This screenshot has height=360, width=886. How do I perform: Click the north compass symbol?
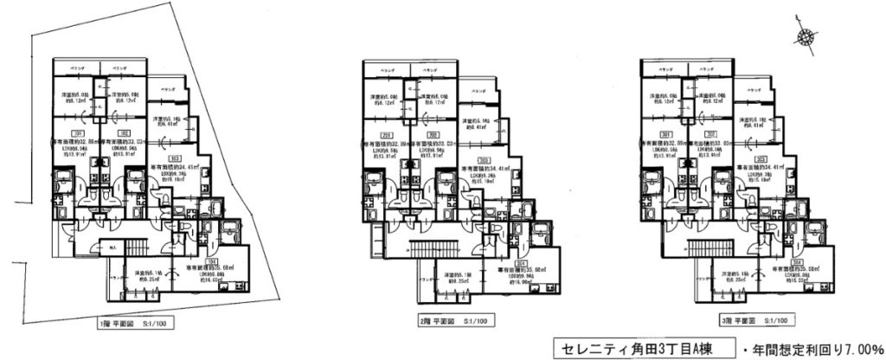[x=805, y=36]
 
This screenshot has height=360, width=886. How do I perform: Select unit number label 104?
[x=209, y=259]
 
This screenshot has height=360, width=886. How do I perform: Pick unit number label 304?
[x=795, y=259]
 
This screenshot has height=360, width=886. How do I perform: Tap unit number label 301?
[x=664, y=134]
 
